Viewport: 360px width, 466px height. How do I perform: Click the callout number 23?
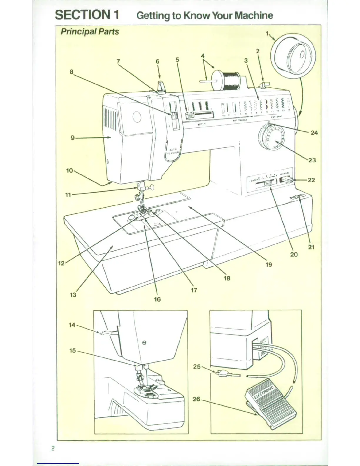coord(312,160)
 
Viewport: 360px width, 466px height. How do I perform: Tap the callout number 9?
coord(72,137)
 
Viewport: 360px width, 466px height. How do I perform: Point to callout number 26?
coord(196,399)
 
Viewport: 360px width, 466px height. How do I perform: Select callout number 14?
coord(72,325)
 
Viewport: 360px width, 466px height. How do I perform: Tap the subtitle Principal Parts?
coord(90,31)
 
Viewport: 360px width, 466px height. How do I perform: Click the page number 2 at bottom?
coord(53,448)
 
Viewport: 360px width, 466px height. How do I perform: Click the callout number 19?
coord(269,264)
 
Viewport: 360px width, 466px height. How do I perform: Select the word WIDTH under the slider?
coord(201,124)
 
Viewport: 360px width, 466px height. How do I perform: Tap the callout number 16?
coord(157,299)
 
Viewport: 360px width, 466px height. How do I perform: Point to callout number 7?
coord(118,61)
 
